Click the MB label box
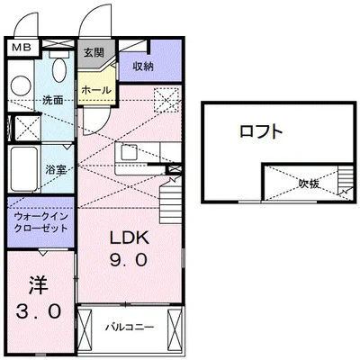(21, 43)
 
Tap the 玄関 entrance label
(94, 52)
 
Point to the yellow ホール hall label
(95, 90)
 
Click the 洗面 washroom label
(51, 100)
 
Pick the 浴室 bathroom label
(56, 167)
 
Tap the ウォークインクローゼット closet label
(40, 223)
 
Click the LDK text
(129, 239)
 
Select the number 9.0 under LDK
(129, 261)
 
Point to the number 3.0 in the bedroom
(38, 312)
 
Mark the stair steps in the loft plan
(345, 184)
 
